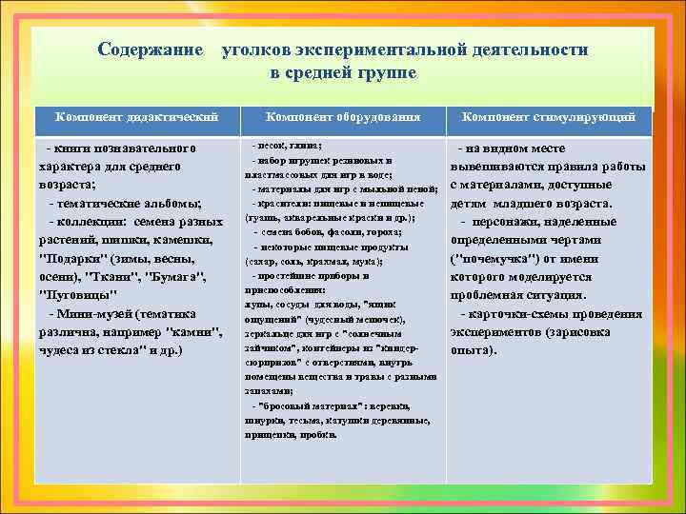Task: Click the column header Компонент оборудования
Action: coord(343,116)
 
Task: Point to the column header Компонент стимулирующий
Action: coord(549,116)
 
